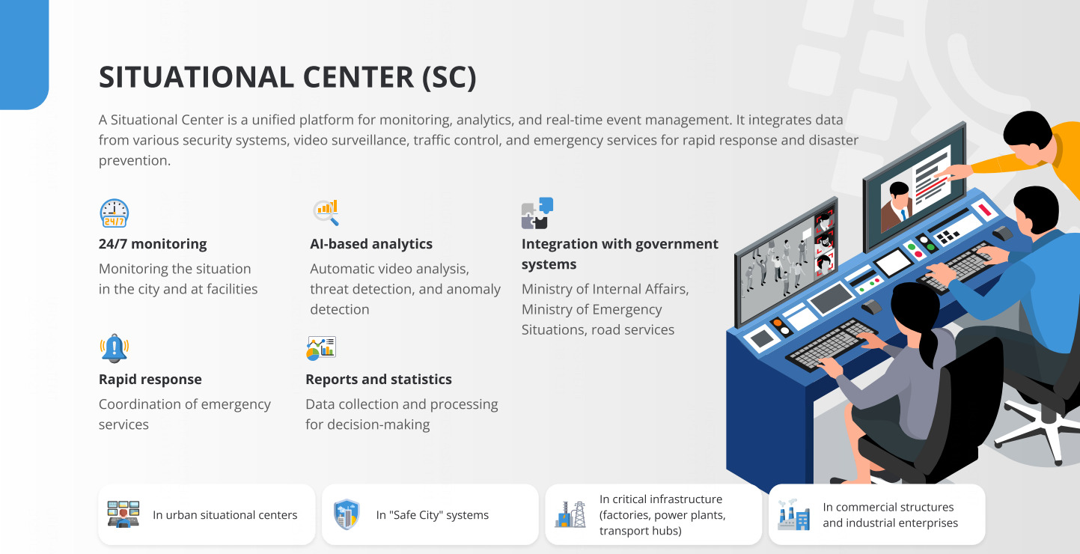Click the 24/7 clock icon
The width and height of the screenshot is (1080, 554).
115,213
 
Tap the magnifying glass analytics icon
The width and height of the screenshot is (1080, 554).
326,212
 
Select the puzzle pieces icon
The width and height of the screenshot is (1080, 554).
537,213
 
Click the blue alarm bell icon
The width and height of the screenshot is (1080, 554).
115,348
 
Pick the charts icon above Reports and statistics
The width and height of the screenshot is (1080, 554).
321,348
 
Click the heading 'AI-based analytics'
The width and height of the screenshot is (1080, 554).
371,244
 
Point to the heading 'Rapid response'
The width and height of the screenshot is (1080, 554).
150,380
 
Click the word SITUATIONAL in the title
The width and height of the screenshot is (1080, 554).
195,77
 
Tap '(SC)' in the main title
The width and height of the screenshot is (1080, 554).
449,77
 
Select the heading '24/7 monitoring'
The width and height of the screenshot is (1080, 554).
153,244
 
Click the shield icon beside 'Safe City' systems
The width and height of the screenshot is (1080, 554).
347,514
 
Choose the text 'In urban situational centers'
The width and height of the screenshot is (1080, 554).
225,515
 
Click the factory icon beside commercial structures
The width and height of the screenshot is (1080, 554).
793,514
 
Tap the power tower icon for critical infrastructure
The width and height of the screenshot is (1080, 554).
570,514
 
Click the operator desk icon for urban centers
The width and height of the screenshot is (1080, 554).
123,514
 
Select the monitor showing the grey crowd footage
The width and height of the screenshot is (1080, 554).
786,263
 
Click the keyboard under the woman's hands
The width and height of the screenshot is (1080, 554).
830,344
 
